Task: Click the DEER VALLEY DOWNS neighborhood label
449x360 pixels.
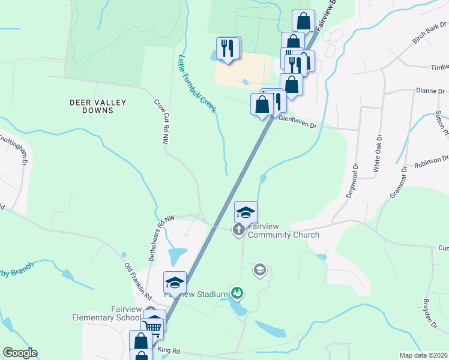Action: [x=98, y=106]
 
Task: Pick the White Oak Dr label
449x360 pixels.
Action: [x=377, y=157]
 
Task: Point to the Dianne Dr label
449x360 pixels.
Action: [x=432, y=91]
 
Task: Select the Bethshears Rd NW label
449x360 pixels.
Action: [x=159, y=238]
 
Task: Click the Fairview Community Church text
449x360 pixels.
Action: [x=283, y=230]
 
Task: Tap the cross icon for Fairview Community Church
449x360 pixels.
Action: [x=238, y=229]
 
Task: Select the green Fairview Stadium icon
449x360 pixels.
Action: [x=238, y=293]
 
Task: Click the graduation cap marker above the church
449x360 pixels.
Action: [x=246, y=212]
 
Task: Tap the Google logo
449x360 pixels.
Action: [x=20, y=353]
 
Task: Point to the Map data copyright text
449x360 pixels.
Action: [x=423, y=355]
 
